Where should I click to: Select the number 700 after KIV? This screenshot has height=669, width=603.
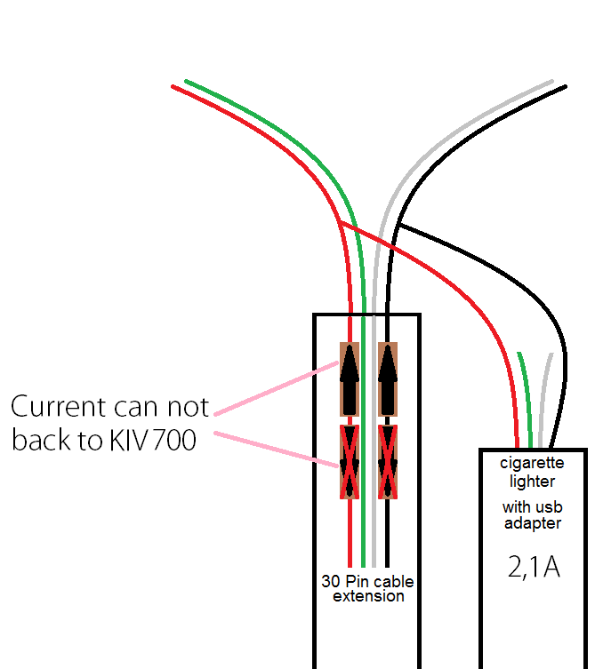175,440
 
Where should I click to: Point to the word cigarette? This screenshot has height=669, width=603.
532,463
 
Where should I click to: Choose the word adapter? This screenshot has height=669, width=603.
532,523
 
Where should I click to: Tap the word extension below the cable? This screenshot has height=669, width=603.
368,596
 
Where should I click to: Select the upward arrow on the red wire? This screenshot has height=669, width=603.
349,378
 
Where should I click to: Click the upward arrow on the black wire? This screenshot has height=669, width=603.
387,378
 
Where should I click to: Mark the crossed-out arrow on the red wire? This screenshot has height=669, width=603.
349,461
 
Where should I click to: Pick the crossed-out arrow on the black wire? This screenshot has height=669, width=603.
387,461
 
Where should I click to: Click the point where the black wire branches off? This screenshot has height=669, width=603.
401,226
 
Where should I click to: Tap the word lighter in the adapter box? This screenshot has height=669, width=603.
532,481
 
